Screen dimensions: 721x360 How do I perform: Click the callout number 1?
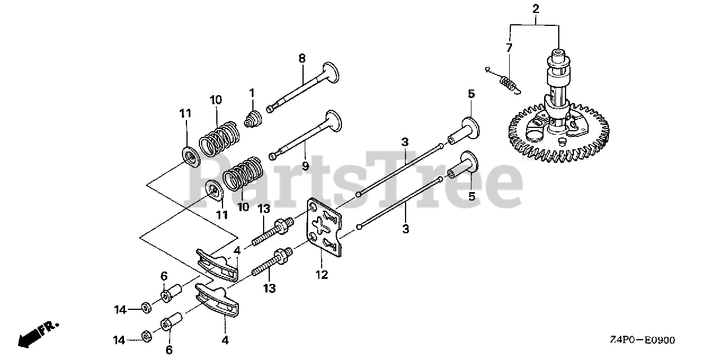point(252,92)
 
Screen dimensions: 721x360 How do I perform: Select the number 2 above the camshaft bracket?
point(535,8)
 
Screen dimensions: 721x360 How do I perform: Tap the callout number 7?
point(509,48)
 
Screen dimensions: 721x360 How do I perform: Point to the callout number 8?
point(302,57)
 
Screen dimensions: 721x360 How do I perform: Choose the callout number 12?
point(322,275)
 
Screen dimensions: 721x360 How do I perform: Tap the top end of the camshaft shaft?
point(558,53)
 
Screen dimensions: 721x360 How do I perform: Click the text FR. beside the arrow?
point(50,327)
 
